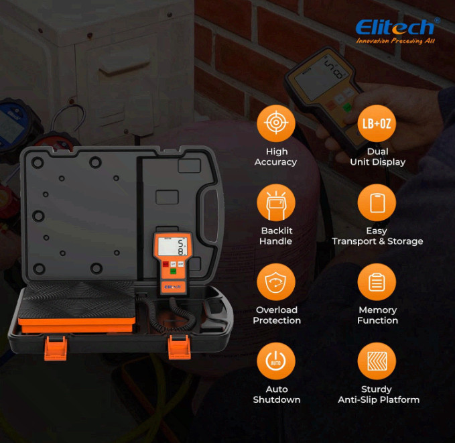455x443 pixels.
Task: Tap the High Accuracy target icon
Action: click(276, 123)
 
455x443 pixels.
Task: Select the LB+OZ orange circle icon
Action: click(377, 123)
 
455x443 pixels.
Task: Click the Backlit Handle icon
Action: click(276, 202)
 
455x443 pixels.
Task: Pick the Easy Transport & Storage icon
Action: click(377, 202)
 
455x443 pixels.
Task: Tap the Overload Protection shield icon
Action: click(276, 282)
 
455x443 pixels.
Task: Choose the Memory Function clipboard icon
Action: click(377, 282)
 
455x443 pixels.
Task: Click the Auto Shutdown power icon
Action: click(276, 361)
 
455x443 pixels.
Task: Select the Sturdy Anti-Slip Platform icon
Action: click(377, 361)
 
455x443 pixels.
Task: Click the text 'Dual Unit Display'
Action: click(377, 157)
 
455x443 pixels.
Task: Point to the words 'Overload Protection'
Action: click(277, 315)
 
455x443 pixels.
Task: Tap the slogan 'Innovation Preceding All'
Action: click(395, 41)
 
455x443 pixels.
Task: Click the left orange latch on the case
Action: click(56, 348)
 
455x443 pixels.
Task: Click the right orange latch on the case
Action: click(180, 347)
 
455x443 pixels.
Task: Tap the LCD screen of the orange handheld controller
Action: click(172, 247)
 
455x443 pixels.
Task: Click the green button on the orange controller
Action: click(174, 271)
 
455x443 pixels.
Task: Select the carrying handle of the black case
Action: click(210, 216)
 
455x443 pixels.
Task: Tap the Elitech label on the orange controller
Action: click(173, 287)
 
